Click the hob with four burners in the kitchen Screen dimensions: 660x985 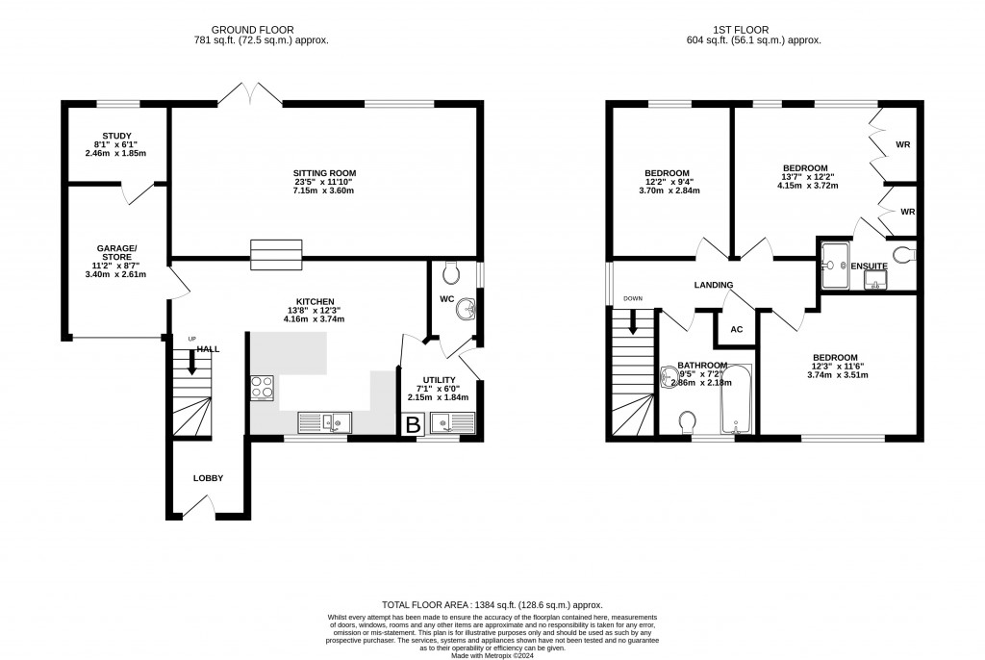tap(263, 387)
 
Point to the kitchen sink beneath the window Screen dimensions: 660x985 tap(326, 420)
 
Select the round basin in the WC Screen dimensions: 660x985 tap(467, 309)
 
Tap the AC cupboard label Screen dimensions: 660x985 tap(737, 329)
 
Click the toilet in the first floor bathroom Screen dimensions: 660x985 tap(689, 423)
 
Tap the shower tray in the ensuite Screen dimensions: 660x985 tap(836, 265)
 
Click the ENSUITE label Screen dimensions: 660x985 tap(869, 266)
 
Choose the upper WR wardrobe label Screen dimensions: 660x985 tap(902, 144)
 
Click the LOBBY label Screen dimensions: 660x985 tap(208, 478)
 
